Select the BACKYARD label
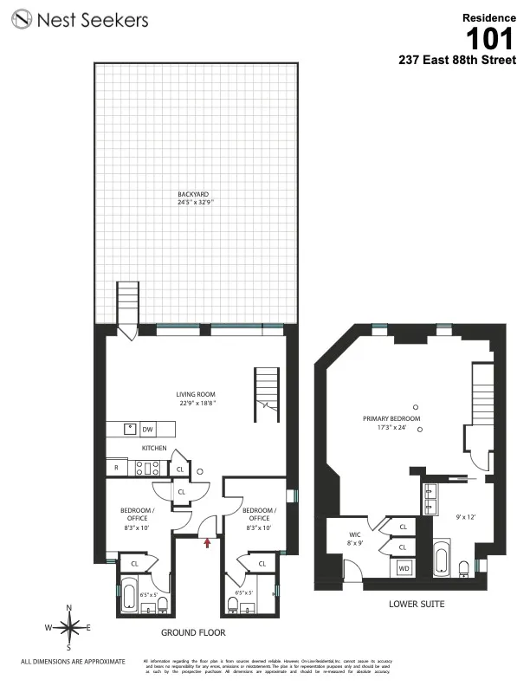(x=193, y=195)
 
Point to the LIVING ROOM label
(x=197, y=394)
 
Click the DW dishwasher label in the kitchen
(x=147, y=429)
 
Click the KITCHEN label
(x=155, y=449)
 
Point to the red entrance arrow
(x=207, y=542)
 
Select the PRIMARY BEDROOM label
(x=391, y=418)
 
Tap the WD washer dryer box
(x=404, y=568)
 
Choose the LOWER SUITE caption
(x=417, y=605)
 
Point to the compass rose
(x=69, y=625)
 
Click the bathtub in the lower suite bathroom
(x=441, y=559)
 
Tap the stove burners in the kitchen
(x=147, y=468)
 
